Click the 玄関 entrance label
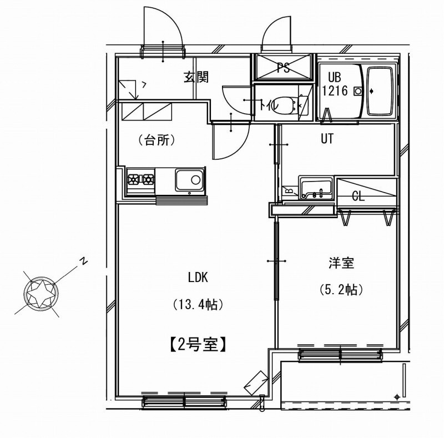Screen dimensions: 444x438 [x=196, y=77]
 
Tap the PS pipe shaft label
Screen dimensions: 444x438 [x=283, y=68]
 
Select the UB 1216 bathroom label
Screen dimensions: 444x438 [x=335, y=84]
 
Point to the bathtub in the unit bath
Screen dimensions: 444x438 [x=380, y=91]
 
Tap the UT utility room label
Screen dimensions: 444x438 [x=327, y=139]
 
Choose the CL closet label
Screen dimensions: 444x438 [x=358, y=196]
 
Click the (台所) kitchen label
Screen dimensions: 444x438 [x=157, y=140]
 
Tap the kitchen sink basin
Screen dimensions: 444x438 [x=189, y=180]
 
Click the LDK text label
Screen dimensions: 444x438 [x=198, y=278]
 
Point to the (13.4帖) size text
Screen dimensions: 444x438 [x=199, y=304]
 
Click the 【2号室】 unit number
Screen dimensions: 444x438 [x=198, y=345]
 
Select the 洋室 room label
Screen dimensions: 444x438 [x=341, y=263]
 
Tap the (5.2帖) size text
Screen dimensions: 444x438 [x=341, y=290]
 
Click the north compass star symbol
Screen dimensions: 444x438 [x=41, y=293]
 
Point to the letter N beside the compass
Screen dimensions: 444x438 [x=83, y=261]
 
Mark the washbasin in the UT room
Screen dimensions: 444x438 [x=316, y=188]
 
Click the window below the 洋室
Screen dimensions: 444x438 [x=340, y=355]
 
